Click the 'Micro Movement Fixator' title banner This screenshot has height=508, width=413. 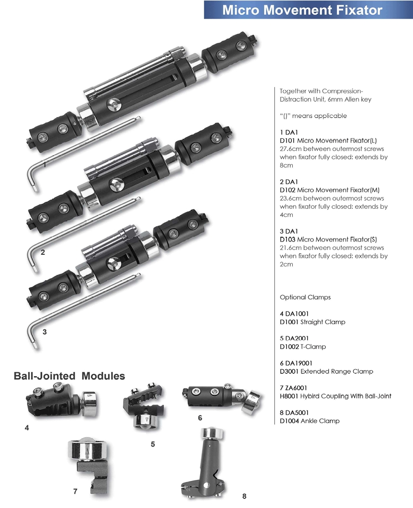pyautogui.click(x=308, y=10)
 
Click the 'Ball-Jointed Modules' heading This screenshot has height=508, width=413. pyautogui.click(x=69, y=376)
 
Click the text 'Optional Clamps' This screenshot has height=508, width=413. pyautogui.click(x=305, y=297)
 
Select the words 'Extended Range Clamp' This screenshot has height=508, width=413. pyautogui.click(x=337, y=371)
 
